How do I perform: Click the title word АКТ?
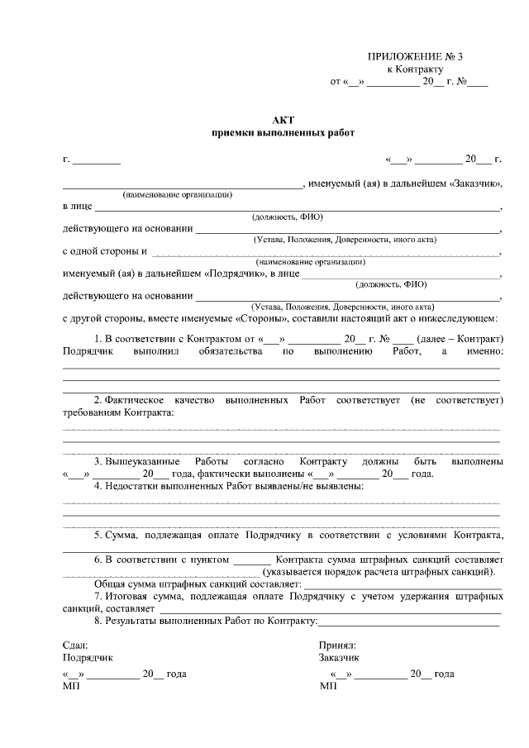283,120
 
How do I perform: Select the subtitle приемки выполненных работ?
283,133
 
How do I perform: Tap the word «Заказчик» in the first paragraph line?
474,183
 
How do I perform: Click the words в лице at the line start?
77,206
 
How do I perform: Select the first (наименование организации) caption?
177,194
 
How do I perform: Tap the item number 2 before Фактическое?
97,400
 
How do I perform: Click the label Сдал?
74,645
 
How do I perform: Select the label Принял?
336,645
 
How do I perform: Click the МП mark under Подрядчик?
70,686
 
